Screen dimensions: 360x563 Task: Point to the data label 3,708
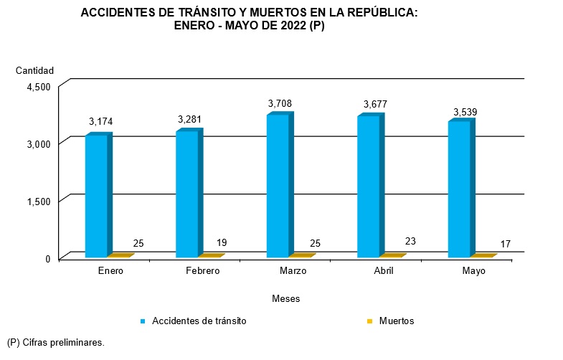tap(280, 104)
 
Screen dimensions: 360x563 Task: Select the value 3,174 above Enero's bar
tap(100, 121)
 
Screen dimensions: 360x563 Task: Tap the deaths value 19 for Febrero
tap(222, 243)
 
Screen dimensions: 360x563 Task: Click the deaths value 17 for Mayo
tap(505, 245)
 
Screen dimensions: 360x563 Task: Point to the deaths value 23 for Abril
tap(410, 242)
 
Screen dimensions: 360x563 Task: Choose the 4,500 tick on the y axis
tap(38, 87)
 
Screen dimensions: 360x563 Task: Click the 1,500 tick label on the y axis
tap(38, 201)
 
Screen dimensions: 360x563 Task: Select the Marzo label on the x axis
tap(293, 271)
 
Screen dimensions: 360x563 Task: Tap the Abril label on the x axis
tap(383, 271)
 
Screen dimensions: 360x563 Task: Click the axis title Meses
tap(285, 298)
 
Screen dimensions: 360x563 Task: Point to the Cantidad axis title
tap(34, 70)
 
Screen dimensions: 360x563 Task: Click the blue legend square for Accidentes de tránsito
tap(143, 321)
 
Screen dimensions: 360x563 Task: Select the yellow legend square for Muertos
tap(370, 321)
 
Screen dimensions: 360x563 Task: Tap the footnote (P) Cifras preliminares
tap(55, 343)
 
